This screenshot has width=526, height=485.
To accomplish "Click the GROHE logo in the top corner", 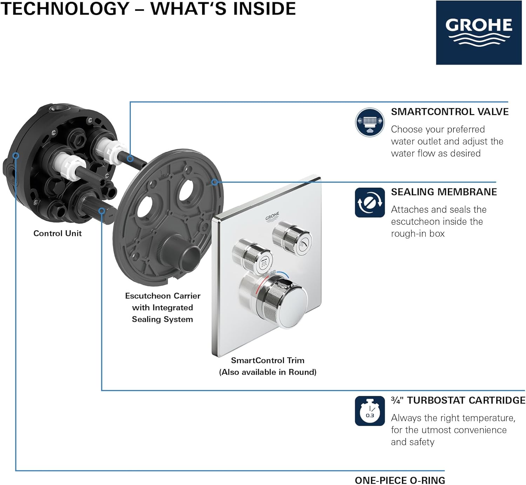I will (x=478, y=33).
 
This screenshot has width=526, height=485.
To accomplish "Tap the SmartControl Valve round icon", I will (x=370, y=122).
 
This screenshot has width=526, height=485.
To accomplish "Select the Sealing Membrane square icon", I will (x=370, y=203).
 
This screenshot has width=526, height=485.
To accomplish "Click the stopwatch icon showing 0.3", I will (x=370, y=411).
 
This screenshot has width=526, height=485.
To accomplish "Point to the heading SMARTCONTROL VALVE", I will (x=450, y=112).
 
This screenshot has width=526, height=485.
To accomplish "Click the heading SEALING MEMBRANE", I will (x=444, y=192).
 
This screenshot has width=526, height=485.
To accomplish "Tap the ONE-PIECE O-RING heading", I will (x=400, y=480).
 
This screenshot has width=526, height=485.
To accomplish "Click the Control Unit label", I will (x=58, y=234).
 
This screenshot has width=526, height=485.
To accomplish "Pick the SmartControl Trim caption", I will (x=268, y=361).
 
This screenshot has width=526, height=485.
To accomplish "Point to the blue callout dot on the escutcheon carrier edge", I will (x=215, y=182).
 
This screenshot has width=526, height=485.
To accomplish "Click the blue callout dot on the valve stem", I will (x=130, y=159).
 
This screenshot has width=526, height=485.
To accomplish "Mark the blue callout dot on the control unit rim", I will (x=16, y=156).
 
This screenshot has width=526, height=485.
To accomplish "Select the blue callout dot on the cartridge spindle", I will (x=102, y=211).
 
